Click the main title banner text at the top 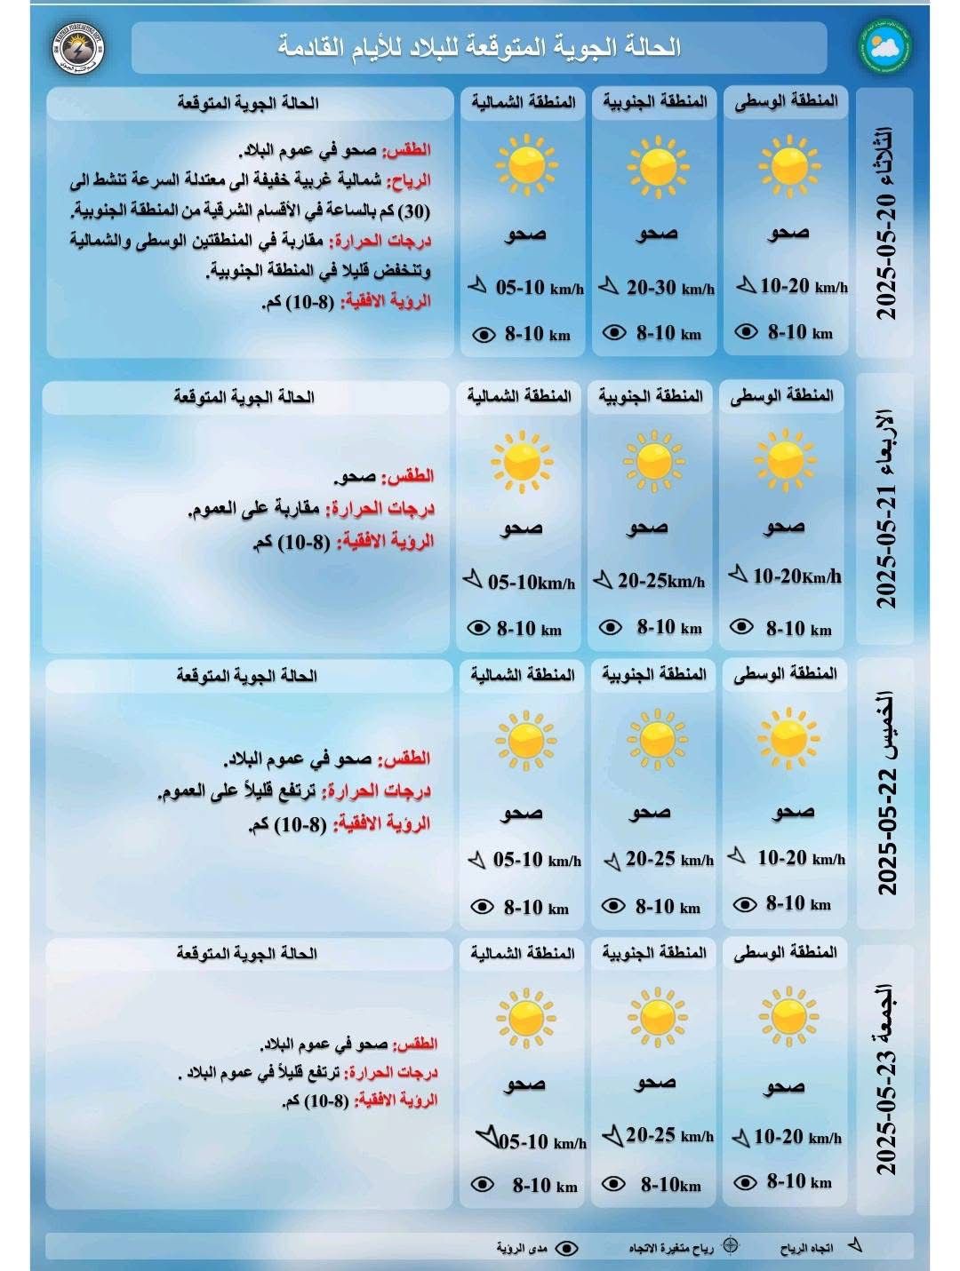(480, 47)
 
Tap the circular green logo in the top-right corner (884, 47)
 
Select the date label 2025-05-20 (887, 222)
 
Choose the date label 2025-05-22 (887, 794)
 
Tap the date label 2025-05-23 (887, 1079)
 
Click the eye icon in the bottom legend (565, 1248)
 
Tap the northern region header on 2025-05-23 (523, 953)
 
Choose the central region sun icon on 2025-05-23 (787, 1016)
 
